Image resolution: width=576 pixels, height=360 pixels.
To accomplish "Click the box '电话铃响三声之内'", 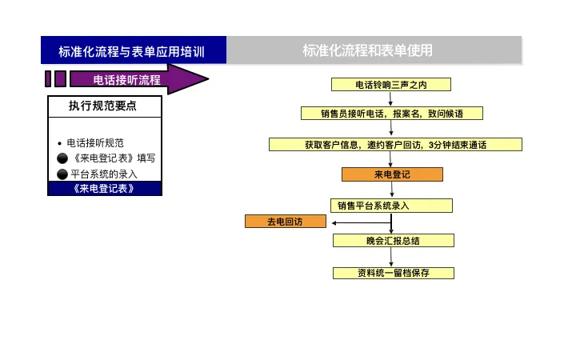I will click(391, 85).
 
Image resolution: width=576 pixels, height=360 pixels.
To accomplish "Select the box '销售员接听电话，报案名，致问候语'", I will click(391, 114).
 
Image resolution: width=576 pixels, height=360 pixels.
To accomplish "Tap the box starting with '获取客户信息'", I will click(395, 145).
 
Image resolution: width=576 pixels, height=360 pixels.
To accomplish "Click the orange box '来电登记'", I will click(391, 174).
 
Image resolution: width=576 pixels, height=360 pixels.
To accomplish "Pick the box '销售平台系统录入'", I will click(391, 206).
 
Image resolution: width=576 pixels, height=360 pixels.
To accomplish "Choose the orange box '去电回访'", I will click(286, 222).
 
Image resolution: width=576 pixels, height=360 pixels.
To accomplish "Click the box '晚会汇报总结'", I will click(393, 240).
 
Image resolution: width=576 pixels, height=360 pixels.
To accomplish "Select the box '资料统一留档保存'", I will click(393, 273).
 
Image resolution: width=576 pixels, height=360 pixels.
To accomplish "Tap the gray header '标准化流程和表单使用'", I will click(374, 50).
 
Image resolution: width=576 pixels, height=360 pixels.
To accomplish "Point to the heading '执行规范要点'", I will click(104, 106).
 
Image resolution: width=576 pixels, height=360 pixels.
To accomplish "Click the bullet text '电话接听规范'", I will click(95, 143).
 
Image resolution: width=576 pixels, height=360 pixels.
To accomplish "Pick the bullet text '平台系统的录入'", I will click(104, 174).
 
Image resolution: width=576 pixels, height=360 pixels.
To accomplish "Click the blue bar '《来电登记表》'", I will click(104, 189).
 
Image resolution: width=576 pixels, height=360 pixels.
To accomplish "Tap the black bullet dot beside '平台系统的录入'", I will click(62, 174).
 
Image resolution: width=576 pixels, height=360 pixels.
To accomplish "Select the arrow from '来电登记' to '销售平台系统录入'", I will click(391, 190).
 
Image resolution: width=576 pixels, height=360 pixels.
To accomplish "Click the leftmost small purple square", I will click(49, 78).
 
